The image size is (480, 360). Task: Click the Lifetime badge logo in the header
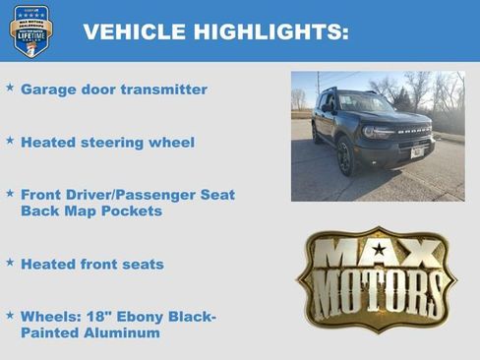click(31, 31)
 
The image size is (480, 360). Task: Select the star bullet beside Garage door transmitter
click(10, 88)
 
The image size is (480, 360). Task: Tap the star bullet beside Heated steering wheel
click(10, 141)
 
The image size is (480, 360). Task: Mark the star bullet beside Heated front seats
click(10, 263)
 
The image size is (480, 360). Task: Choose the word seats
click(142, 265)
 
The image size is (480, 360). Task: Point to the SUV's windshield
click(365, 103)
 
